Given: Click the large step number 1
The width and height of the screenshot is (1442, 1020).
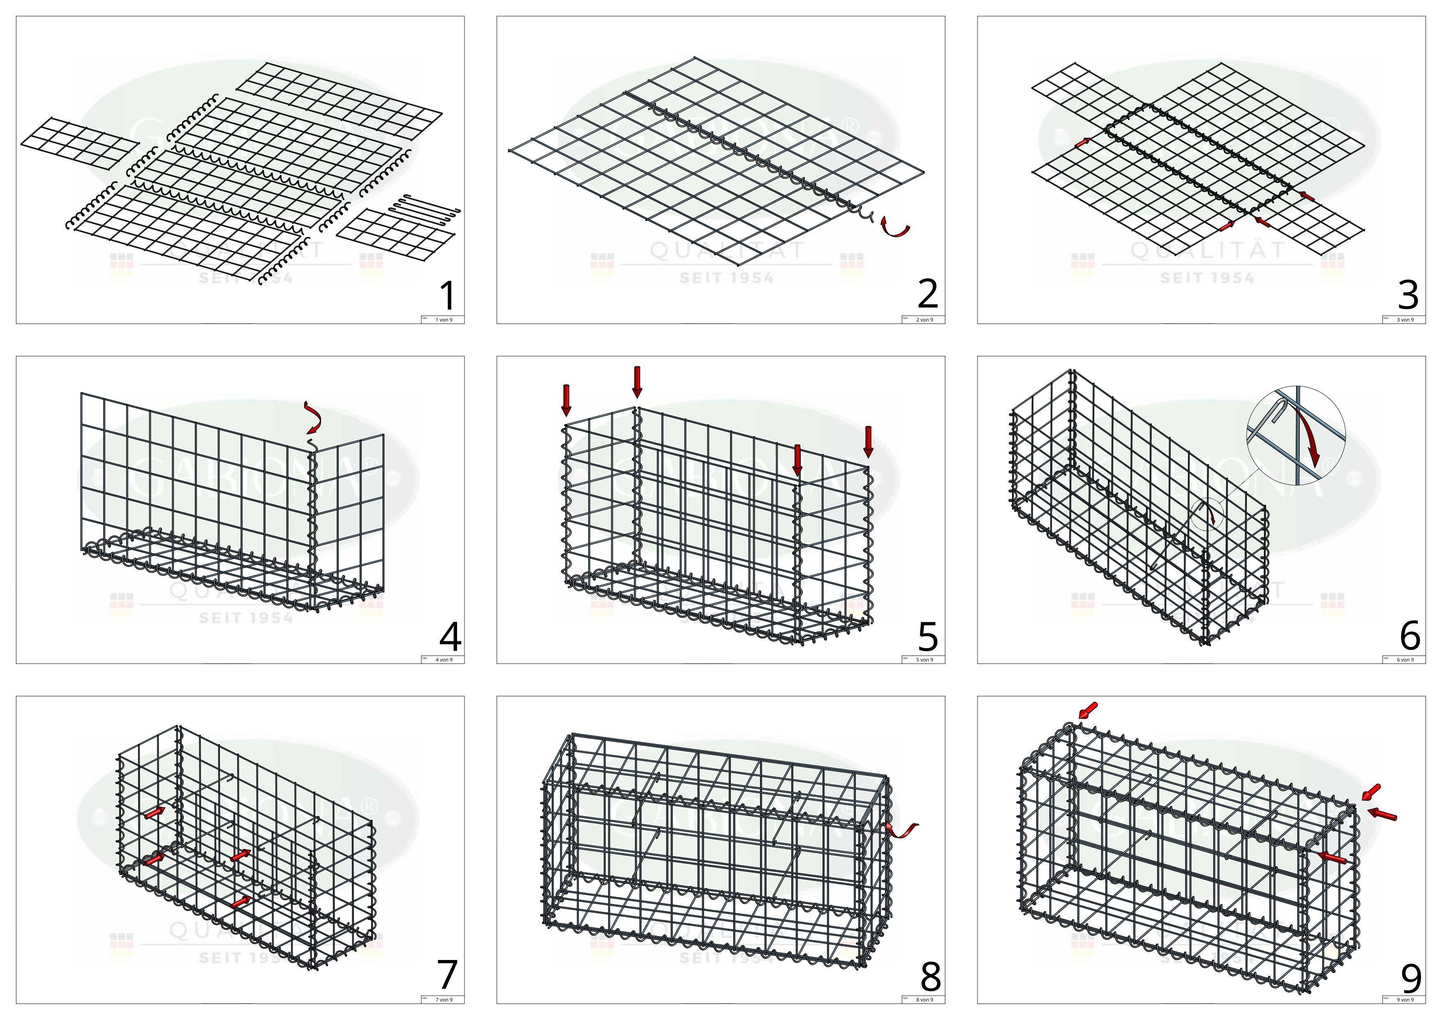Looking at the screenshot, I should pos(447,296).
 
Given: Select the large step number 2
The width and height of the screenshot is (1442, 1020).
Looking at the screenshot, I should pos(928,294).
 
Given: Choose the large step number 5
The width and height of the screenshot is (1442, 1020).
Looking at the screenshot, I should pos(928,636).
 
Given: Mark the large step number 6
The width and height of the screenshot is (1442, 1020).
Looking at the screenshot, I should pos(1410,636).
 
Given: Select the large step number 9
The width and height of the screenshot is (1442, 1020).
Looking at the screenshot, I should pos(1411,977).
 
